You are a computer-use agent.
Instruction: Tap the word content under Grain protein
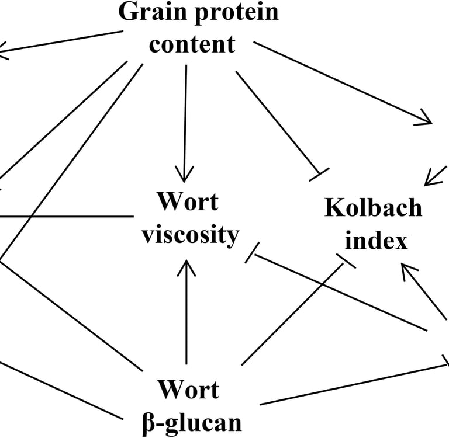192,44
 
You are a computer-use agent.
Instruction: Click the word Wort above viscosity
187,202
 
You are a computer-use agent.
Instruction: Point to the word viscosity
191,235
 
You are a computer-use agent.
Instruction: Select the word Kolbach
373,208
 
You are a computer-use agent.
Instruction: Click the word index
377,240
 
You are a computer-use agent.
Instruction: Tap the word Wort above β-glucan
188,390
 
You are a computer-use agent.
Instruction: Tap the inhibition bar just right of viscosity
252,253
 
